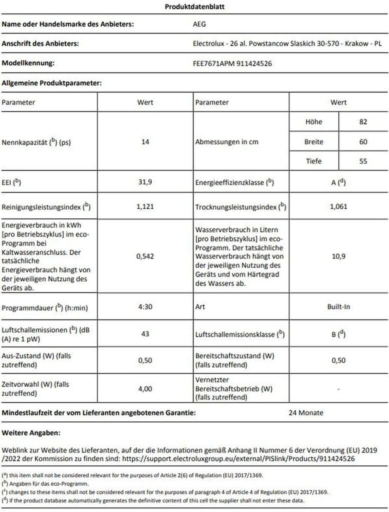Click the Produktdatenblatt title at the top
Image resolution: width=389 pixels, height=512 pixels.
pos(194,6)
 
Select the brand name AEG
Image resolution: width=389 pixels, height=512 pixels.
pos(199,23)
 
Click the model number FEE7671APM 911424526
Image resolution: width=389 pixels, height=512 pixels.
pos(232,63)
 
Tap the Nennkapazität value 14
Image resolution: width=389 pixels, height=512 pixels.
pos(145,142)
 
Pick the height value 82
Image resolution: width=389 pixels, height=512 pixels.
pos(363,122)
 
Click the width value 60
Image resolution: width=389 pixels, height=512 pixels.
pos(363,142)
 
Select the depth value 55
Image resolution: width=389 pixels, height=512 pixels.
pos(363,161)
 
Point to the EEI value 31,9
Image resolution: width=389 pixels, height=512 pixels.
pos(145,182)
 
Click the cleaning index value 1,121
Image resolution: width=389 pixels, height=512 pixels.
pos(145,206)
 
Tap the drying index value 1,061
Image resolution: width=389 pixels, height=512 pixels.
pos(338,206)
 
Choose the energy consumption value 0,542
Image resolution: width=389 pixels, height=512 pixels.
pos(145,256)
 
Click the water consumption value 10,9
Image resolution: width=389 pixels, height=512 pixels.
pos(338,256)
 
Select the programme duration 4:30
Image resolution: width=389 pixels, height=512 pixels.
pos(145,306)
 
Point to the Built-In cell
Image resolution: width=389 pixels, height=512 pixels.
pos(338,306)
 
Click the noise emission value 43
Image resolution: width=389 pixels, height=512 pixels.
pos(145,333)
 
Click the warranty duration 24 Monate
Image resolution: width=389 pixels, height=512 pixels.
pos(306,413)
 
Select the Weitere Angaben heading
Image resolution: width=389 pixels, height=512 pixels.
pos(31,431)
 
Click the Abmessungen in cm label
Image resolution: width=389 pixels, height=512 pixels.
pos(226,142)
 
